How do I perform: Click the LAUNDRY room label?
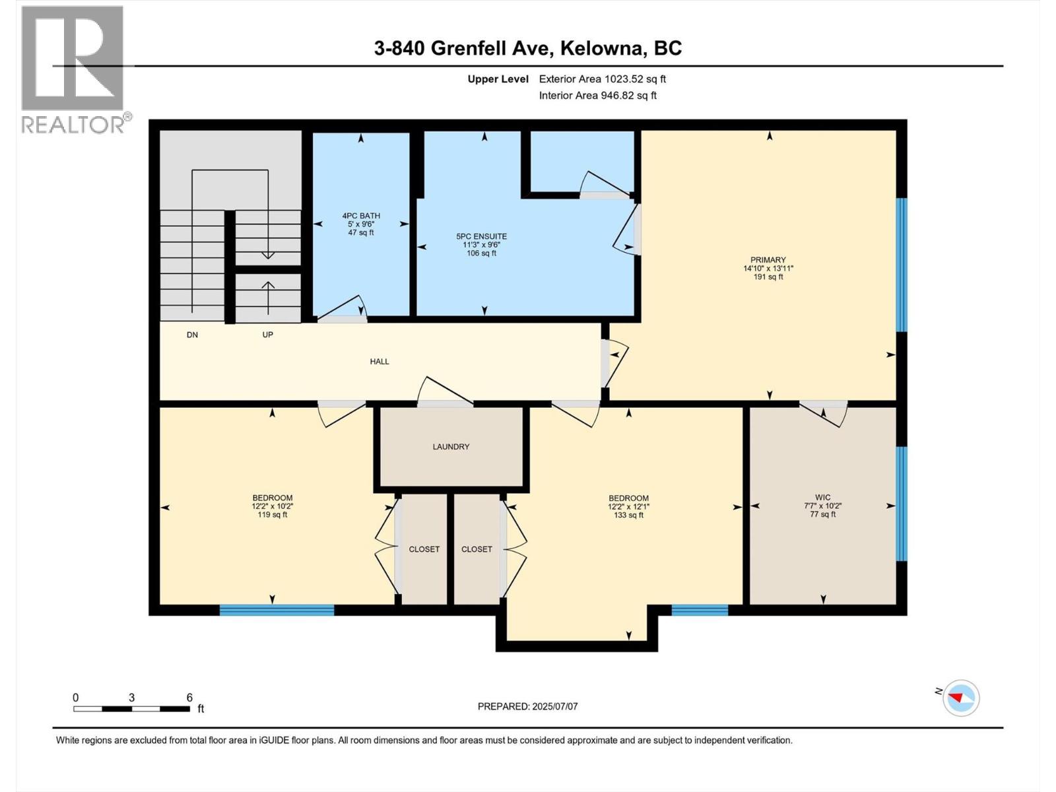pyautogui.click(x=451, y=447)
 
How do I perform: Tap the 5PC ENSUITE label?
pyautogui.click(x=481, y=236)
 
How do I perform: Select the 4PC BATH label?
pyautogui.click(x=361, y=216)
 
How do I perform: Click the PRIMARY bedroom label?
pyautogui.click(x=768, y=260)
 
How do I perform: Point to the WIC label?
pyautogui.click(x=822, y=498)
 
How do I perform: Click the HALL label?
pyautogui.click(x=379, y=362)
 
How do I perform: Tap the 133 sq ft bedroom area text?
pyautogui.click(x=628, y=515)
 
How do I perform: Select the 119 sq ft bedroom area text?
pyautogui.click(x=273, y=515)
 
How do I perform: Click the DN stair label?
pyautogui.click(x=192, y=335)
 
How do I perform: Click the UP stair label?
pyautogui.click(x=267, y=335)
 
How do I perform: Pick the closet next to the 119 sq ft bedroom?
pyautogui.click(x=424, y=549)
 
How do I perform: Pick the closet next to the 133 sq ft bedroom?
pyautogui.click(x=477, y=549)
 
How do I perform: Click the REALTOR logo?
pyautogui.click(x=73, y=69)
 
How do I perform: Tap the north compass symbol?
pyautogui.click(x=960, y=698)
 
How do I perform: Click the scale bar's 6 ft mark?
pyautogui.click(x=189, y=698)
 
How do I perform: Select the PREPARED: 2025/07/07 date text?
pyautogui.click(x=527, y=706)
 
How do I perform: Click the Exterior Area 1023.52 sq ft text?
pyautogui.click(x=602, y=79)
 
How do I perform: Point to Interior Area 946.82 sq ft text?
pyautogui.click(x=597, y=96)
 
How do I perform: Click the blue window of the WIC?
pyautogui.click(x=902, y=504)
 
